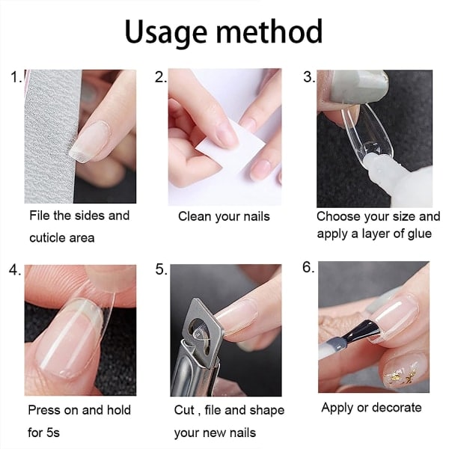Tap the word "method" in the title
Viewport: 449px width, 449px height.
(269, 31)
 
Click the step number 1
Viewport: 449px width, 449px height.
(16, 77)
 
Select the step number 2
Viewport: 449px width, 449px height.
(160, 77)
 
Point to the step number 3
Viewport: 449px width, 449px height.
(309, 77)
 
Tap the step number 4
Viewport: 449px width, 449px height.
(15, 269)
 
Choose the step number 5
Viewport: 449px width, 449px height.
(161, 269)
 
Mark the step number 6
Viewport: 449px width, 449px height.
(308, 267)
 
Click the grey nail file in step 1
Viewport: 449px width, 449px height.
(50, 136)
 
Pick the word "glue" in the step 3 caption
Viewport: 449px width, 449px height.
(420, 234)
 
